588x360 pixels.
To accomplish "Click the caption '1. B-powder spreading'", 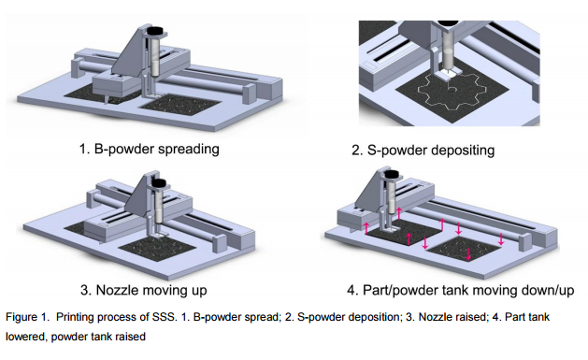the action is tap(150, 150).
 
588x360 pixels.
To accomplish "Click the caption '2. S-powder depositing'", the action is tap(423, 151).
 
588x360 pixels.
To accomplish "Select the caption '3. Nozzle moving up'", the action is tap(144, 290).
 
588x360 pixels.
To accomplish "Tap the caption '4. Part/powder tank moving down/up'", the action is tap(461, 290).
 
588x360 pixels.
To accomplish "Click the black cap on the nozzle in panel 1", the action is tap(155, 30).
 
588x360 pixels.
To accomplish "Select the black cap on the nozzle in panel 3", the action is tap(158, 182).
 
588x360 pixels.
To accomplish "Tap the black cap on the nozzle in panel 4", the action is tap(392, 174).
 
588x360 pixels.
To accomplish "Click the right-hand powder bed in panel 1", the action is tap(179, 104).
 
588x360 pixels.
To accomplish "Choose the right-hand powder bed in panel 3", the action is tap(157, 249).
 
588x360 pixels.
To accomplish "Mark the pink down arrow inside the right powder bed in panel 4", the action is tap(468, 254).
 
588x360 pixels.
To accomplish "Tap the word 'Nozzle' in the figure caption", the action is tap(434, 317).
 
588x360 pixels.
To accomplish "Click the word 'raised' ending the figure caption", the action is tap(131, 337).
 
